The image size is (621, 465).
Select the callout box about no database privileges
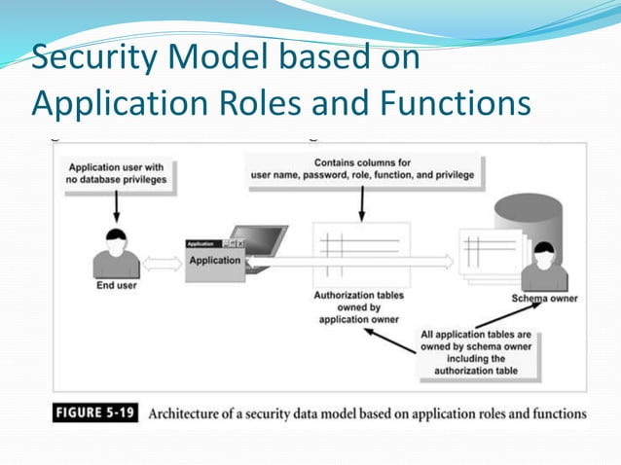[x=116, y=174]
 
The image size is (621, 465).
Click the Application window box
[x=215, y=260]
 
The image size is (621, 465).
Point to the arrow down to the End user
[x=117, y=205]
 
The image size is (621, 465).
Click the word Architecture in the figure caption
[x=191, y=413]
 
